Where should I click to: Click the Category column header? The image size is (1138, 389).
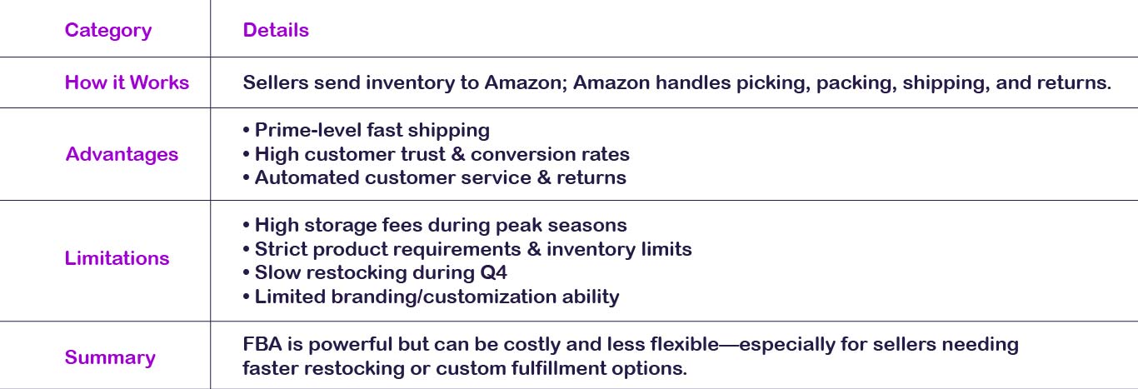click(x=108, y=31)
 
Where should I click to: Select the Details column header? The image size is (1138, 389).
click(x=276, y=30)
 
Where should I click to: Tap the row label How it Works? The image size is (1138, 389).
click(x=127, y=82)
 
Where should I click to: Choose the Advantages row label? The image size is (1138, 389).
click(x=122, y=154)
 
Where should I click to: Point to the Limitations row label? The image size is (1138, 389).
click(x=117, y=258)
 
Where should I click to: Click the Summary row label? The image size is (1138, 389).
click(x=110, y=357)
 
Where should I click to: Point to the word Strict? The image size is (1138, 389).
click(x=281, y=249)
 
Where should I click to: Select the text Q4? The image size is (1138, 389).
click(x=493, y=272)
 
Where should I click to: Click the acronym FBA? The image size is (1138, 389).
click(x=262, y=344)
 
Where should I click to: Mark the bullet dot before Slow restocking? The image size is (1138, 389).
click(x=247, y=272)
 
